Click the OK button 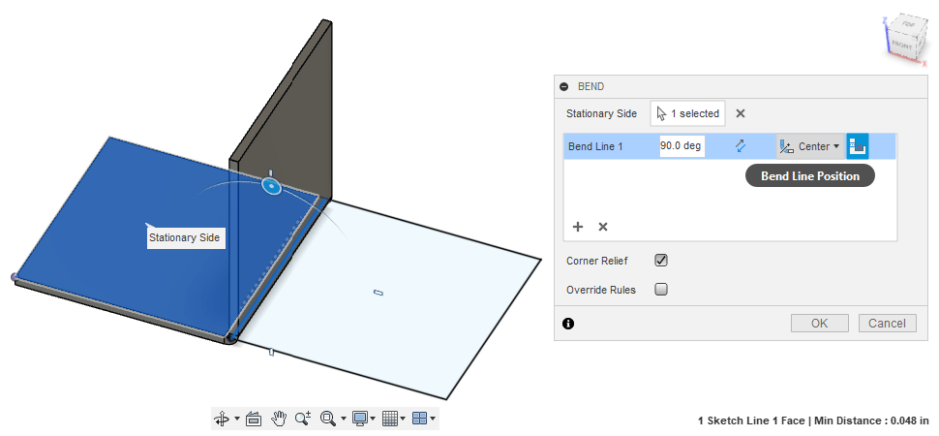pyautogui.click(x=819, y=324)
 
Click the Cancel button pyautogui.click(x=887, y=324)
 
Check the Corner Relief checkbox pyautogui.click(x=661, y=261)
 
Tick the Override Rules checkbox pyautogui.click(x=661, y=289)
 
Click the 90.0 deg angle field pyautogui.click(x=682, y=146)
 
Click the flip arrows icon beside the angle pyautogui.click(x=741, y=146)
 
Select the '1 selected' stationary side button pyautogui.click(x=687, y=113)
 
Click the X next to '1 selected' pyautogui.click(x=741, y=113)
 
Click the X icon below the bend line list pyautogui.click(x=603, y=227)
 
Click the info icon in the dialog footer pyautogui.click(x=568, y=324)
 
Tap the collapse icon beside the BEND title pyautogui.click(x=564, y=86)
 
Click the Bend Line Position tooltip pyautogui.click(x=810, y=175)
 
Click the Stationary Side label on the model pyautogui.click(x=185, y=237)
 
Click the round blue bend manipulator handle pyautogui.click(x=272, y=185)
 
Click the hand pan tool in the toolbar pyautogui.click(x=279, y=419)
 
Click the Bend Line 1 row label pyautogui.click(x=595, y=146)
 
